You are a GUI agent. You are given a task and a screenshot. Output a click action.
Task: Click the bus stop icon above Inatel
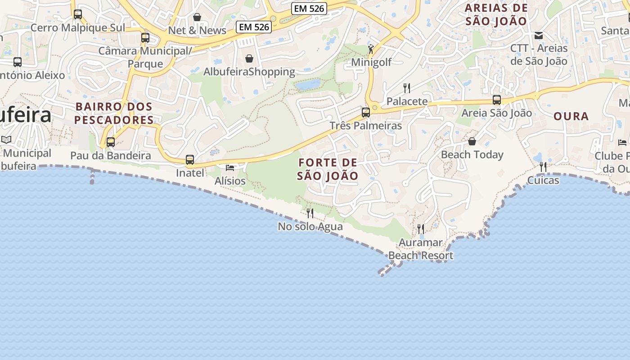190,160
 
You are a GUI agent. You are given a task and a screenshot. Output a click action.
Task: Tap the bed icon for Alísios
230,168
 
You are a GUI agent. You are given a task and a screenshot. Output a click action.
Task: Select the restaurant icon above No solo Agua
310,213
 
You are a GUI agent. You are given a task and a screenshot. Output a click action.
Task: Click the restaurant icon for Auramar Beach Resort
421,229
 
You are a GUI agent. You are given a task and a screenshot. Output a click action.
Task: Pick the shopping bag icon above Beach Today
472,141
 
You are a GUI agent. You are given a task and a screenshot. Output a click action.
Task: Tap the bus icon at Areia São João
497,100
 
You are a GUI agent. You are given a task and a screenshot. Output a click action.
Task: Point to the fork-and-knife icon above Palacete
407,88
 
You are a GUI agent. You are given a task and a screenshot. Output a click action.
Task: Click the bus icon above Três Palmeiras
366,112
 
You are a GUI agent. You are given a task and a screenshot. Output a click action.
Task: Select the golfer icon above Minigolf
371,49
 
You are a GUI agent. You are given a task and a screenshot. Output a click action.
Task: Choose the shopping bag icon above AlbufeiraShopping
249,58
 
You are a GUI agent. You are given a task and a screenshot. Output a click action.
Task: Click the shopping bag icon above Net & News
197,17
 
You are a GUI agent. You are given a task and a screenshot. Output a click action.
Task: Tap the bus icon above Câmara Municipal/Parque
145,38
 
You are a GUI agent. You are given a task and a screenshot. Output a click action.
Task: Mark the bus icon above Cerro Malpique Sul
78,14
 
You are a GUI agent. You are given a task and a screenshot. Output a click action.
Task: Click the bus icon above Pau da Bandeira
111,142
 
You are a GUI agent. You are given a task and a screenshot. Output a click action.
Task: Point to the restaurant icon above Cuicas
543,167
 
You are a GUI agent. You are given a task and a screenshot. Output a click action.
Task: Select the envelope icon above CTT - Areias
539,35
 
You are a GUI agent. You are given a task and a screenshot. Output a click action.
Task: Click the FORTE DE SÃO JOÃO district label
328,169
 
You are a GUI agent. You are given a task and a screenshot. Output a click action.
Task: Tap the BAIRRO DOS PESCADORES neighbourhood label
114,113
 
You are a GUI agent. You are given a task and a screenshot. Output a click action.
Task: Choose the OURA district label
571,117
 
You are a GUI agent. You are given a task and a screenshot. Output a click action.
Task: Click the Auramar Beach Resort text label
421,249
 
